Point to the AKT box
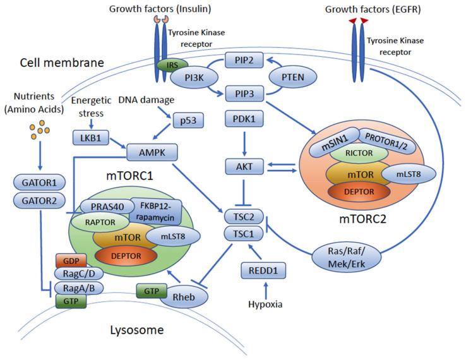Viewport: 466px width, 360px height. tap(244, 167)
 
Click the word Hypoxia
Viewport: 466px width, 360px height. tap(264, 304)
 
